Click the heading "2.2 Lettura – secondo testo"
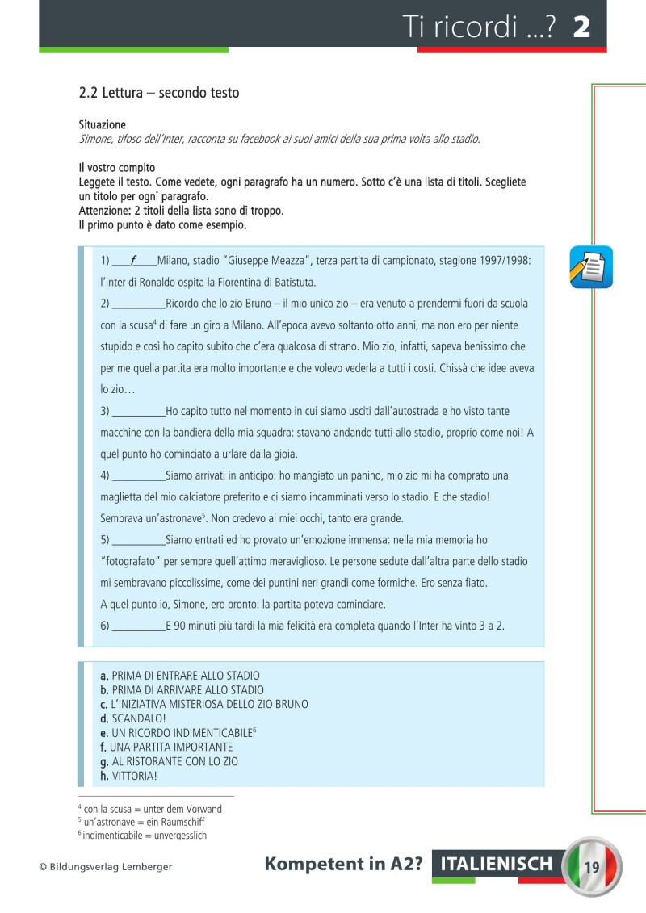159,93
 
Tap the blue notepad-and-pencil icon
590,267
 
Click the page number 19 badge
590,867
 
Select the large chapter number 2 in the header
581,27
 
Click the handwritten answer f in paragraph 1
133,261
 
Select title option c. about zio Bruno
204,704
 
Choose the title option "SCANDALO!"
133,718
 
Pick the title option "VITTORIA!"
129,776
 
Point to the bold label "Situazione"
102,125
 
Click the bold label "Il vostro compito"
116,168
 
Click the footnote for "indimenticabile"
143,836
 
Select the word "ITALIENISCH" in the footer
497,865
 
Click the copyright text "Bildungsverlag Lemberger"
106,867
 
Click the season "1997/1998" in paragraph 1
505,261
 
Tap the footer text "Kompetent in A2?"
344,865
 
